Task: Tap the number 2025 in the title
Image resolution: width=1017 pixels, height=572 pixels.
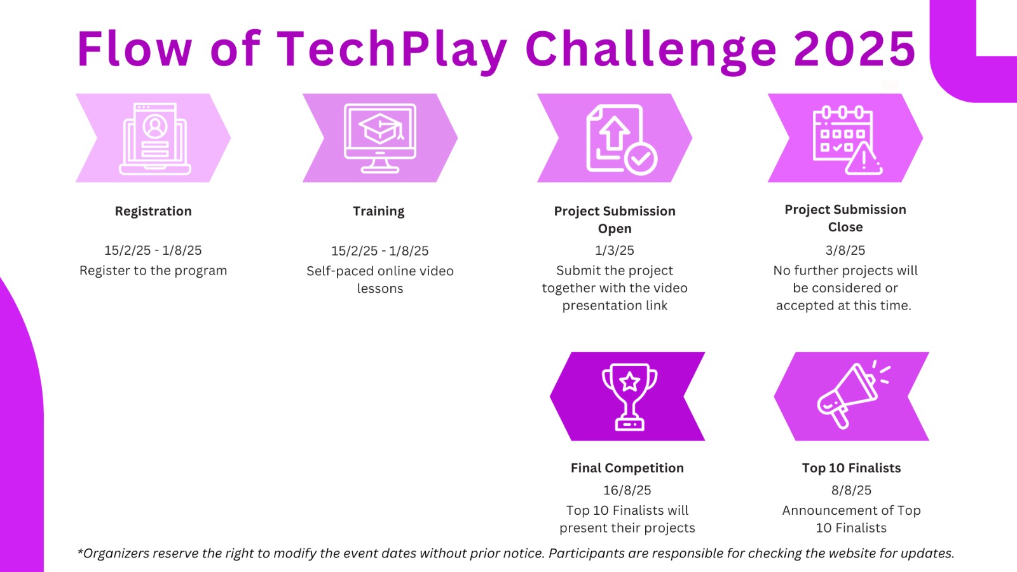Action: [x=855, y=48]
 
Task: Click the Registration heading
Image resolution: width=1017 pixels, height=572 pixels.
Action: [x=153, y=212]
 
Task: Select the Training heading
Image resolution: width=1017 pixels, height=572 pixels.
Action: [x=379, y=212]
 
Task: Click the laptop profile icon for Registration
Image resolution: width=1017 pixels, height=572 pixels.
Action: [x=155, y=139]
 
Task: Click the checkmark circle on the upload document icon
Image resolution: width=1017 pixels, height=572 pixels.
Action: [x=641, y=159]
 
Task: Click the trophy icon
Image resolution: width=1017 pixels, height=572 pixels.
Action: [x=629, y=397]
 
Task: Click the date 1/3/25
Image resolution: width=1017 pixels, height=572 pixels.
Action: [x=614, y=250]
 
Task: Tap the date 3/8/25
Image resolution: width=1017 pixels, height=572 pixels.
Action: [x=845, y=250]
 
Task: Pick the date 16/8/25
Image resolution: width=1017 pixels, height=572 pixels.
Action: [x=627, y=490]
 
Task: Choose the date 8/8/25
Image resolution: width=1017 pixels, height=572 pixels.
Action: [x=851, y=490]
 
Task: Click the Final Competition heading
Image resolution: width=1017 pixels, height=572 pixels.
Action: [x=627, y=468]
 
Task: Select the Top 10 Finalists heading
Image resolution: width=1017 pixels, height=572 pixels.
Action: [x=851, y=468]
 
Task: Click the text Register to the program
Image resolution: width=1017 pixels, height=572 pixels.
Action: [x=153, y=271]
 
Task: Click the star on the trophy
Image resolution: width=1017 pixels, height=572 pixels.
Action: [x=629, y=382]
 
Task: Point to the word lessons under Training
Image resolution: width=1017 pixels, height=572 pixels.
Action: [x=380, y=289]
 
